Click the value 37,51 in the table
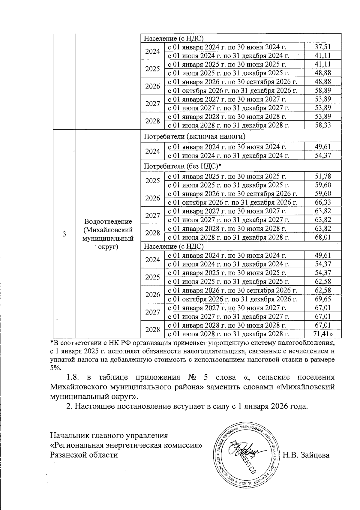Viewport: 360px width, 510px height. [323, 46]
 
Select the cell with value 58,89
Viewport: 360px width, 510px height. [323, 90]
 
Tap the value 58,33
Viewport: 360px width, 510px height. [323, 125]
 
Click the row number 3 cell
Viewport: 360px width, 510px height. [64, 234]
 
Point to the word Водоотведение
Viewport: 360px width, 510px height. [108, 221]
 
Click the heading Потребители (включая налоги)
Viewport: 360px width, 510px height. [194, 136]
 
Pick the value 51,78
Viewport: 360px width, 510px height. [323, 176]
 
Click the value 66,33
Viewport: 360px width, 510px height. [323, 202]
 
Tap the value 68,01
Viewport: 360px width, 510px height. [323, 237]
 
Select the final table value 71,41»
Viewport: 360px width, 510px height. [323, 334]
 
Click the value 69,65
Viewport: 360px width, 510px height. [323, 299]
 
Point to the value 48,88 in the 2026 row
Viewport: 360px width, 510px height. [323, 82]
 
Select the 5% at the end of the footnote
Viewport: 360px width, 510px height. [55, 368]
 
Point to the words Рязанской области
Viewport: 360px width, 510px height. [84, 455]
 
